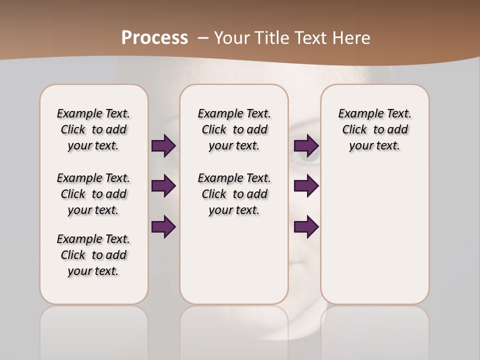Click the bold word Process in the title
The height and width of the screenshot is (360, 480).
[154, 38]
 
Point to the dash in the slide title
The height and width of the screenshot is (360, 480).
[203, 38]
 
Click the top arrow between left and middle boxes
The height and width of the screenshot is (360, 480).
[163, 146]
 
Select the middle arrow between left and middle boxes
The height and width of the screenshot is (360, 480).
[163, 186]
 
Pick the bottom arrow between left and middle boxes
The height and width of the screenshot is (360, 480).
[163, 227]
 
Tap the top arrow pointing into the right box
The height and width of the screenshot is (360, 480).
[306, 146]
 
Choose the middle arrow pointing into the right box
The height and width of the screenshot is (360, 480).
[306, 186]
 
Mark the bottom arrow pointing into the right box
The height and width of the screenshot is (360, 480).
[306, 227]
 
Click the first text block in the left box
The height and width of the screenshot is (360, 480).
[93, 129]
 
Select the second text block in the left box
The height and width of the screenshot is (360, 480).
[93, 194]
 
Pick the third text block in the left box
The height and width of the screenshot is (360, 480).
[93, 255]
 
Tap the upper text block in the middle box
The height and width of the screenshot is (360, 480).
[234, 129]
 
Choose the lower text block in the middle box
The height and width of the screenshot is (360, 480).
[234, 194]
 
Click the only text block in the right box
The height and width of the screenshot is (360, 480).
[374, 129]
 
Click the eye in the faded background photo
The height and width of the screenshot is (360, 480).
[307, 155]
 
